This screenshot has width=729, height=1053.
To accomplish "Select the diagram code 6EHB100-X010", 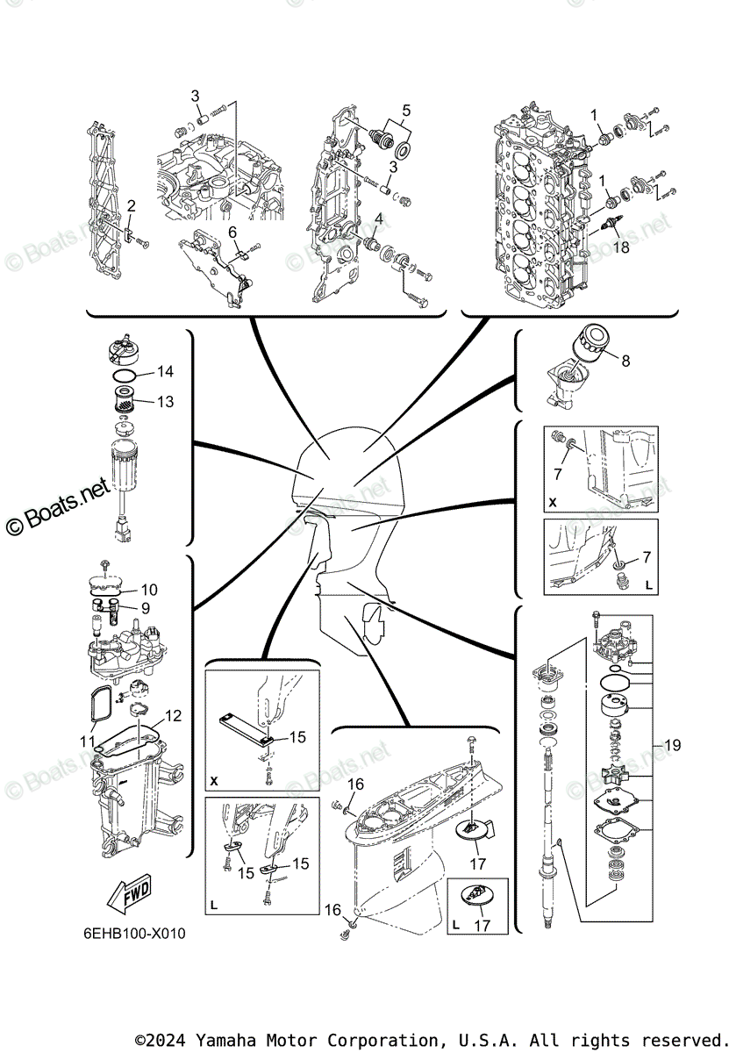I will click(130, 932).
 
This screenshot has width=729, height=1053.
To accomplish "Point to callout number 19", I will click(672, 746).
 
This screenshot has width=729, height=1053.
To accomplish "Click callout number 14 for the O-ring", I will click(165, 372).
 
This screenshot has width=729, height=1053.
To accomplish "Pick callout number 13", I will click(165, 402).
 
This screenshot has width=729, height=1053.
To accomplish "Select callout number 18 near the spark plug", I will click(622, 248).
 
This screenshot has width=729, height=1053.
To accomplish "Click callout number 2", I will click(131, 206).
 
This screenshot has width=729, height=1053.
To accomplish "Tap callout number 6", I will click(232, 232).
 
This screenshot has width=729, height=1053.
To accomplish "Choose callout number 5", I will click(405, 111).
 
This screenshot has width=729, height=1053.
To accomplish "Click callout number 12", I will click(173, 717).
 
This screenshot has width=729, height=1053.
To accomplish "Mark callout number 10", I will click(149, 590).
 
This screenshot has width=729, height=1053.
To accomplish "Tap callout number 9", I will click(145, 607).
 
